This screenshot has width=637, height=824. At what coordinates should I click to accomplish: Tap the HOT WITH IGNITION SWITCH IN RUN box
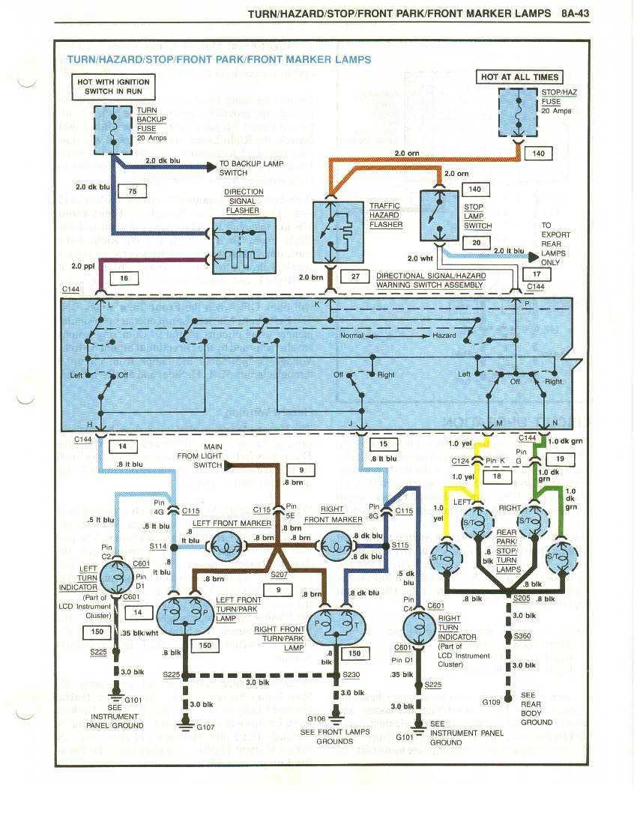tap(112, 87)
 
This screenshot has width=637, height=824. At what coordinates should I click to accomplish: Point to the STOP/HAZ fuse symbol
tap(519, 112)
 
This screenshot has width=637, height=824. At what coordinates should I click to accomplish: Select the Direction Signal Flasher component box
tap(242, 242)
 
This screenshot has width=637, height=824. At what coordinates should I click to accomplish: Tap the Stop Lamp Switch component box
tap(439, 216)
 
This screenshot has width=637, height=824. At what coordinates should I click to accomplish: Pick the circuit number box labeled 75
tap(132, 192)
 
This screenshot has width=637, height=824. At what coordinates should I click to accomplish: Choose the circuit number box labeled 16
tap(124, 278)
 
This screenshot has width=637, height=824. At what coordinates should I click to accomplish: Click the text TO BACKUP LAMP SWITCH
tap(251, 168)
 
